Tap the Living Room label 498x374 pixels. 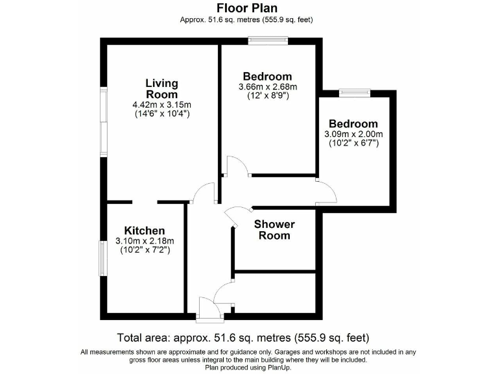tap(161, 89)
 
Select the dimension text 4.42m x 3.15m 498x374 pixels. tap(161, 105)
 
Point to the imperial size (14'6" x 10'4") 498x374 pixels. tap(161, 114)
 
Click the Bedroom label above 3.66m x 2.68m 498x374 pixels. tap(267, 76)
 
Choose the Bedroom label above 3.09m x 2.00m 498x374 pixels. tap(353, 124)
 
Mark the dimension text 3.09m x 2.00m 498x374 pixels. tap(353, 134)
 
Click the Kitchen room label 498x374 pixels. tap(145, 231)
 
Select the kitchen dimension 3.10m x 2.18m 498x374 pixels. tap(145, 241)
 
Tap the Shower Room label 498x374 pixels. tap(274, 230)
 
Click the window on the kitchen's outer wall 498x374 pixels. tap(102, 258)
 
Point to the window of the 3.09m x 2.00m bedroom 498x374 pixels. tap(355, 93)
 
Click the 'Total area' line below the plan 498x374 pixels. tap(243, 338)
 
